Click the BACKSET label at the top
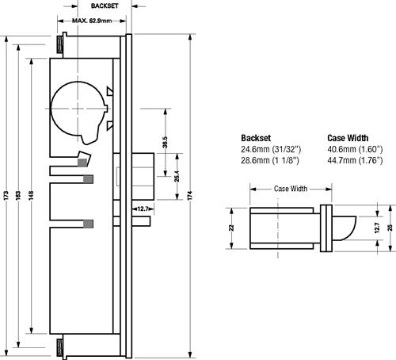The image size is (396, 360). [105, 6]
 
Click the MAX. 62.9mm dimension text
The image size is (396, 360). [92, 21]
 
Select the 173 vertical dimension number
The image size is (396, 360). [6, 195]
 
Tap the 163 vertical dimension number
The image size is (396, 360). [18, 195]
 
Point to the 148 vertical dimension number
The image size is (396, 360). [31, 195]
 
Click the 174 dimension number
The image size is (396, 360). [190, 195]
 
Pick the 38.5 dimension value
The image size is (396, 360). [165, 142]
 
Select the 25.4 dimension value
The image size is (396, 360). [177, 176]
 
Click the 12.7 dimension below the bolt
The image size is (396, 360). [143, 209]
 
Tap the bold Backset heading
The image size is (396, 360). [256, 138]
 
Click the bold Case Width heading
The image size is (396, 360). [348, 138]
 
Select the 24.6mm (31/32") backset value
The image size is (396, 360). [271, 149]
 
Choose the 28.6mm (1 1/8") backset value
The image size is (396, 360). [270, 160]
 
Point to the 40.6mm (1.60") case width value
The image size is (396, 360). [355, 149]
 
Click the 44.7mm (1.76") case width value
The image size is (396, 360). [355, 160]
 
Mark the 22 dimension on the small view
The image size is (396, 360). [231, 228]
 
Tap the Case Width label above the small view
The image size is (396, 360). [291, 189]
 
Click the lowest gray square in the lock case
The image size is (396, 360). [88, 224]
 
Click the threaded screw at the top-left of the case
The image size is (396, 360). [60, 44]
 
